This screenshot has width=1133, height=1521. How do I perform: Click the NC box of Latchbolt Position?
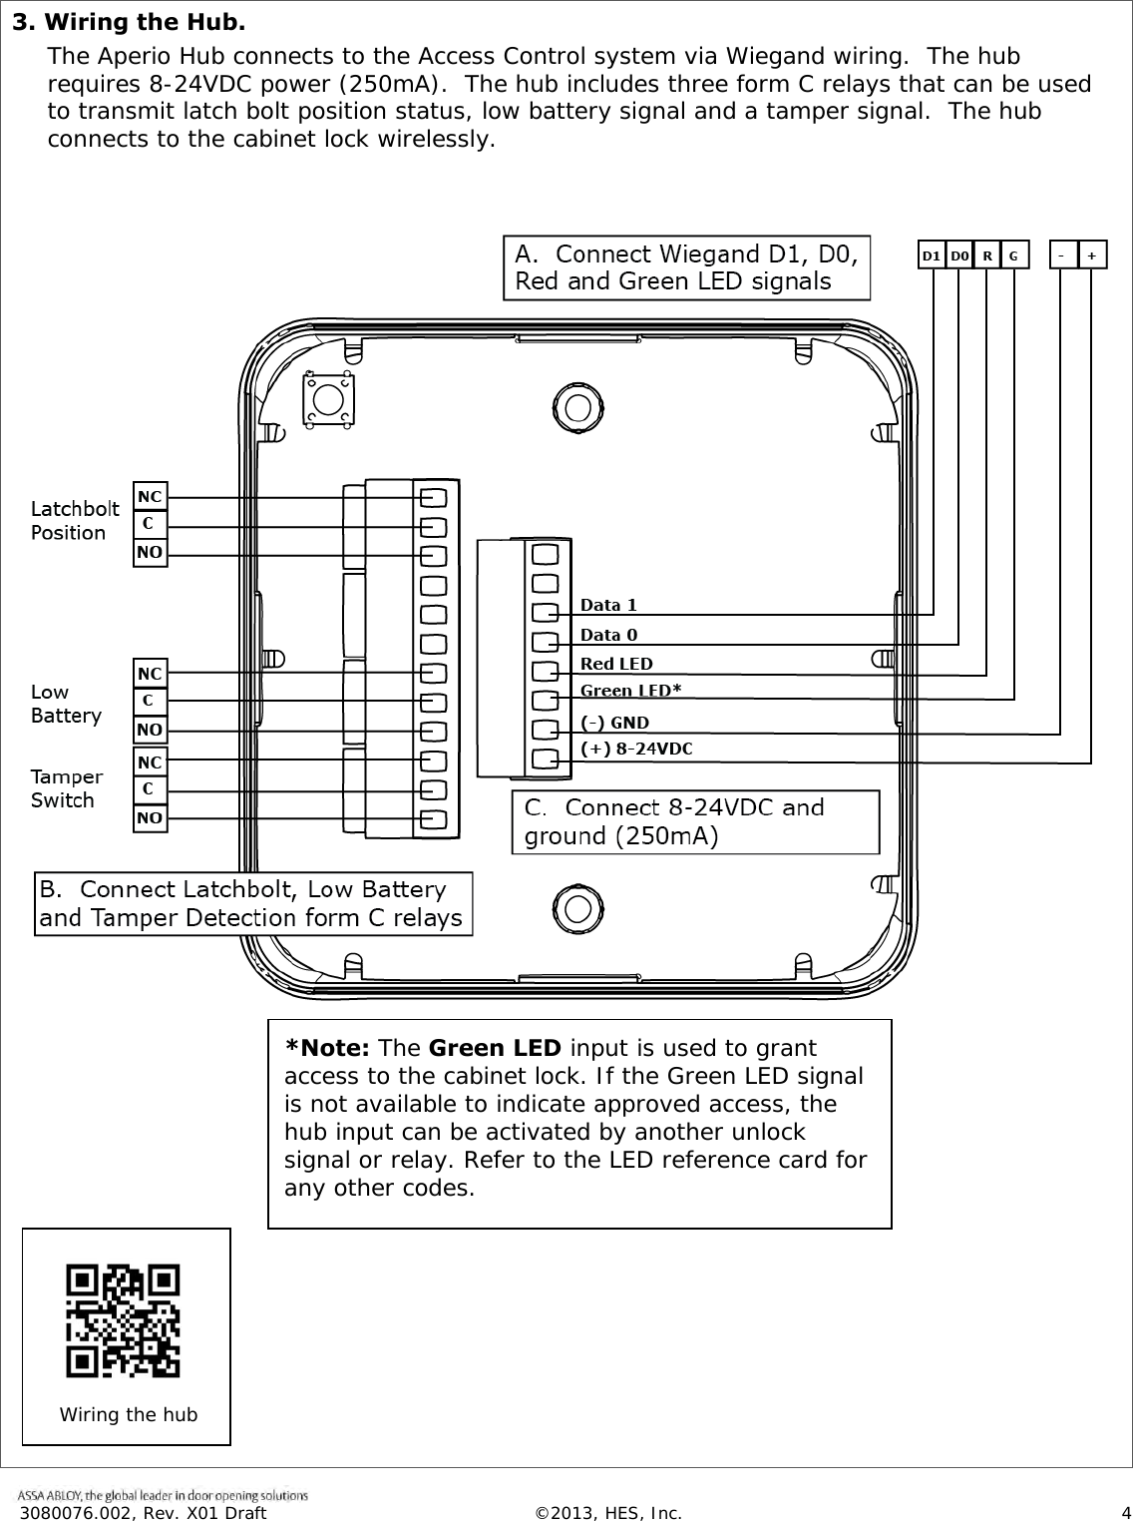150,496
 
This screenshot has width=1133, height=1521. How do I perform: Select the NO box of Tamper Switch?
150,818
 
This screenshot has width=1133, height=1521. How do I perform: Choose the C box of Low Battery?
150,701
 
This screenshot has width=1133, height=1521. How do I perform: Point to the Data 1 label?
608,605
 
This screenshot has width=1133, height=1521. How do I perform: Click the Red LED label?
616,664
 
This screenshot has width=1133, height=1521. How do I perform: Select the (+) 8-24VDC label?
636,749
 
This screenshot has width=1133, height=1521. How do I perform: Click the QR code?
124,1320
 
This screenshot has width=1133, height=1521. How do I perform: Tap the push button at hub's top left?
328,400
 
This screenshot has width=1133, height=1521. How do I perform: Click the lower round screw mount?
575,907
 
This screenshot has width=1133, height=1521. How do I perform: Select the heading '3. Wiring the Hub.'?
129,22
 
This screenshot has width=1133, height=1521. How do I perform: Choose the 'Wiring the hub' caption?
129,1414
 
